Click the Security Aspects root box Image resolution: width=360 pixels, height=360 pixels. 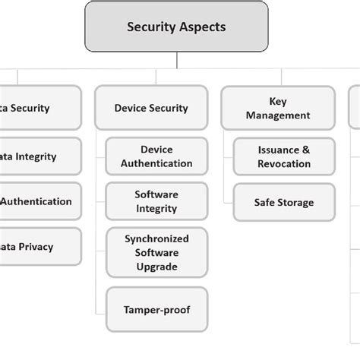(176, 27)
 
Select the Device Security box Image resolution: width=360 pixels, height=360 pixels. (151, 108)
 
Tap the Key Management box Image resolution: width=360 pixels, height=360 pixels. (278, 108)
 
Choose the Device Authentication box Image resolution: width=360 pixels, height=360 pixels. (156, 156)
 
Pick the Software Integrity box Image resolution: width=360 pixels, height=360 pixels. (156, 201)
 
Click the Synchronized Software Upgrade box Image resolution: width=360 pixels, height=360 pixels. (156, 253)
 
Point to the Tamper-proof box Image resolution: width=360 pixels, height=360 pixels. (156, 309)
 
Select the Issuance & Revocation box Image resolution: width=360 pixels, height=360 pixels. (283, 156)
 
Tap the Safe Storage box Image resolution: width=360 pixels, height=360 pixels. (283, 202)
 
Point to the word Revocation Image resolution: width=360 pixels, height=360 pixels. (283, 163)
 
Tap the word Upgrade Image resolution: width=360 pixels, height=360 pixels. (156, 267)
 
